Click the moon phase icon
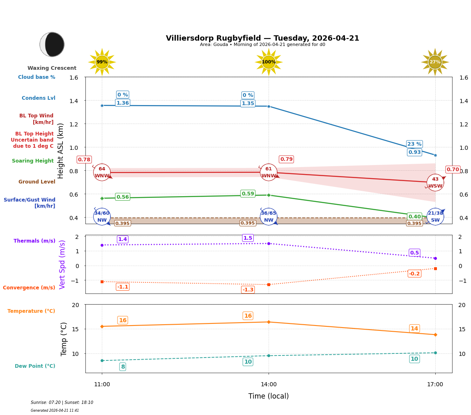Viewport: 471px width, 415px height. pos(52,44)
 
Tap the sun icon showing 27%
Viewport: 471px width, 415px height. pos(435,62)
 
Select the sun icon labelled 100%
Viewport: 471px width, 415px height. pos(269,62)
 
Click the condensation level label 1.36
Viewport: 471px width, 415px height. pos(122,103)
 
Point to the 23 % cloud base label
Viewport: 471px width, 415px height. pos(414,144)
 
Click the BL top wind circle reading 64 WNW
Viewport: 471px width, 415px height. pos(102,172)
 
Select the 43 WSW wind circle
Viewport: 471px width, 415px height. pos(435,183)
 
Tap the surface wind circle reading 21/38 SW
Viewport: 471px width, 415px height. pos(435,216)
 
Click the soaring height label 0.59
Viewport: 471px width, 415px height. pos(248,194)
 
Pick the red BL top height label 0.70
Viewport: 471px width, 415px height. pos(453,170)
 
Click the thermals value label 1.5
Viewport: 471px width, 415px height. pos(248,238)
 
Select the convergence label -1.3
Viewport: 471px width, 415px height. pos(248,290)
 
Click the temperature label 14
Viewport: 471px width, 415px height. pos(414,328)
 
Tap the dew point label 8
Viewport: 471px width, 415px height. pos(122,367)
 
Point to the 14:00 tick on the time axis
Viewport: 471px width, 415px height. pos(269,385)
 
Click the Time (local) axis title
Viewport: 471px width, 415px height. pos(269,396)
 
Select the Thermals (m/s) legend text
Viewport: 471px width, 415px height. pos(34,241)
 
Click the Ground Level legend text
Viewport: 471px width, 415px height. pos(37,182)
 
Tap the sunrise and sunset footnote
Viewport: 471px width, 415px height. pos(62,403)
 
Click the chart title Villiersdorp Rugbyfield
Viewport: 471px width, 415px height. pos(262,38)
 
